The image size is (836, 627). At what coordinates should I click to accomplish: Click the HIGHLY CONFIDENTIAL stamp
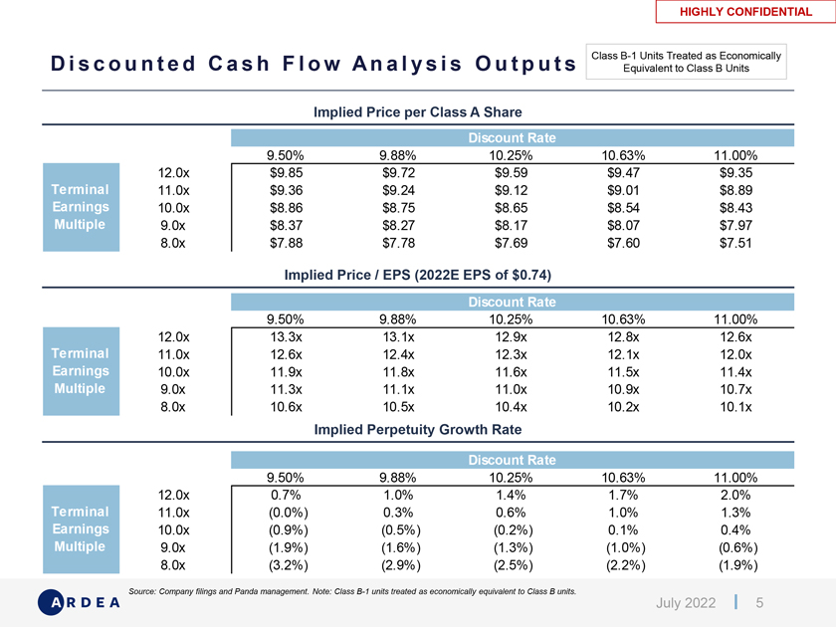[744, 12]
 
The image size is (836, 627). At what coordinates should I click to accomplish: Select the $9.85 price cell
[287, 172]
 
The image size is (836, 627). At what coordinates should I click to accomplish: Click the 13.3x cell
[287, 337]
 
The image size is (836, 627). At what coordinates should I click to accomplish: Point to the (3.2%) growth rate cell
[287, 566]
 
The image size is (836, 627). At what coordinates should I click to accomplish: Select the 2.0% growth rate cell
[736, 494]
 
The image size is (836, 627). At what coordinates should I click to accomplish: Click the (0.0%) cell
[287, 512]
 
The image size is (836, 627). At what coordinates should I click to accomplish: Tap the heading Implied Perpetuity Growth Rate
[418, 430]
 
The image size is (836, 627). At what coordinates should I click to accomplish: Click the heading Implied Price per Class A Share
[418, 111]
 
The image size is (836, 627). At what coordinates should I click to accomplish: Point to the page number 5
[759, 603]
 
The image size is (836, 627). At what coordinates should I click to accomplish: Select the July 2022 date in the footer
[686, 603]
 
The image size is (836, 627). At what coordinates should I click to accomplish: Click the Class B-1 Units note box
[688, 61]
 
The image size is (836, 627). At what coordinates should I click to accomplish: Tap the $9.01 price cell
[624, 191]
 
